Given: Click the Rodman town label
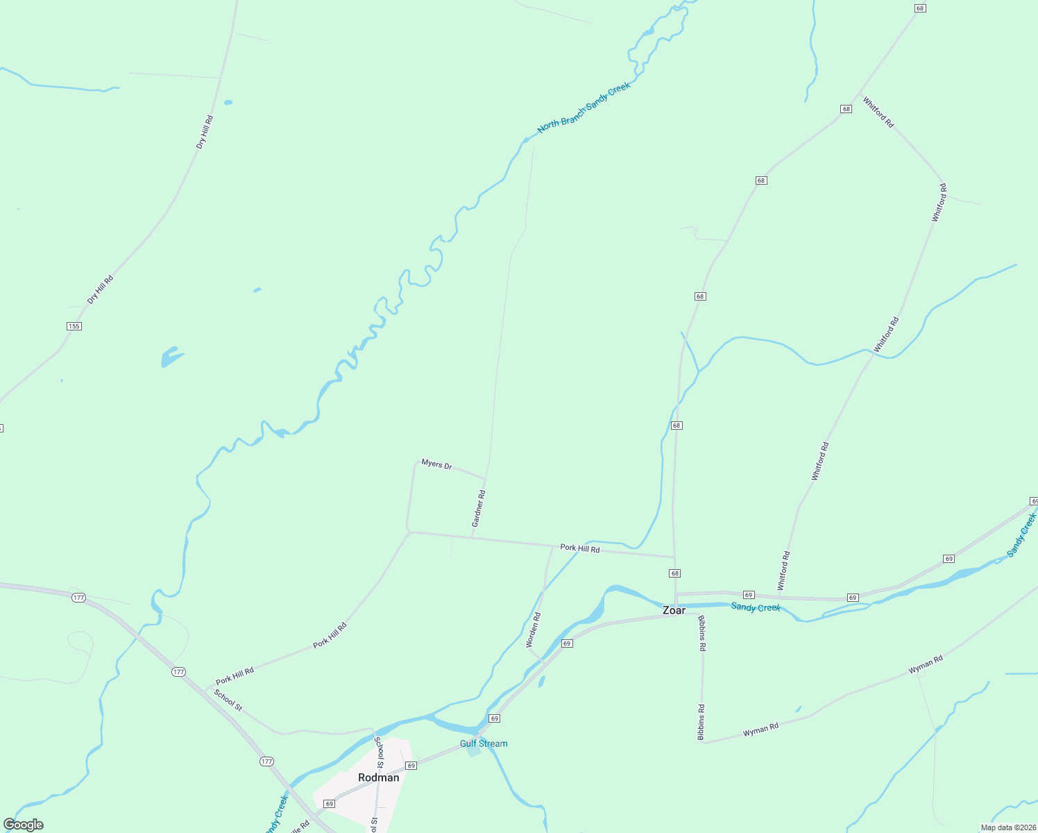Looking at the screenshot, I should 378,777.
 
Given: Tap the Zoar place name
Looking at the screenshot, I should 674,611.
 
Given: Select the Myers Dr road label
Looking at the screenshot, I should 436,464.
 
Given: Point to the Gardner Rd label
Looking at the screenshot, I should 479,508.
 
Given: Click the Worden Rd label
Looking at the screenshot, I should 534,630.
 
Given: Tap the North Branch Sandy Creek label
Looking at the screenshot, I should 584,108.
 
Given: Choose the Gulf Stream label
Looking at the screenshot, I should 484,743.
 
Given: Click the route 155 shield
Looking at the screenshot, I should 74,326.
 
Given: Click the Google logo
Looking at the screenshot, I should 24,825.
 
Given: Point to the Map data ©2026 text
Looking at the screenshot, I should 1007,827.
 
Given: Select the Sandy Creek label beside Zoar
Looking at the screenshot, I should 756,607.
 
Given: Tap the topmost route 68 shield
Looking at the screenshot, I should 920,8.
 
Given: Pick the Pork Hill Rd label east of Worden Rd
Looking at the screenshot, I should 579,548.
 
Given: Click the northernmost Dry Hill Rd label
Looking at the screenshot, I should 205,132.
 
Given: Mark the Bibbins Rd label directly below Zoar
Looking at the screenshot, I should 702,632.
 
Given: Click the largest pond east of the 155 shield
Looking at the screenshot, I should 170,357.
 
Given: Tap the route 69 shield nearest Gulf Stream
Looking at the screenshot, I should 494,718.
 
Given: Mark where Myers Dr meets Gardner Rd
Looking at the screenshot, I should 484,478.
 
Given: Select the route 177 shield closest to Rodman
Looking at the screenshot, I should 267,762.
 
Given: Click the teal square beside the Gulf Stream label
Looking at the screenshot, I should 473,751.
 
